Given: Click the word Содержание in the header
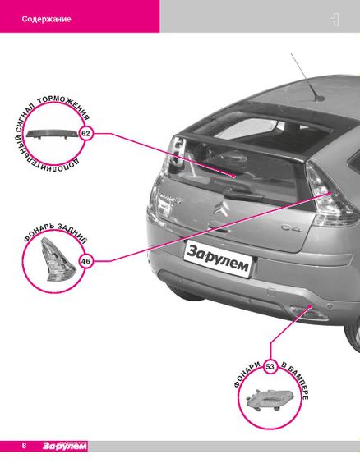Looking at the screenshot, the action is click(x=46, y=19).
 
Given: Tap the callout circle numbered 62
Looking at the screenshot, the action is click(x=85, y=133).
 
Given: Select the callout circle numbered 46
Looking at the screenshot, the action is click(x=85, y=261).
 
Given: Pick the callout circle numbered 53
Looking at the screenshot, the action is click(x=270, y=367).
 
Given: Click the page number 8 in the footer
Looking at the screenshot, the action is click(x=24, y=446).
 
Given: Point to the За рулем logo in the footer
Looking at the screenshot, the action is click(x=65, y=446).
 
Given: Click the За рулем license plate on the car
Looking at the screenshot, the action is click(x=219, y=259).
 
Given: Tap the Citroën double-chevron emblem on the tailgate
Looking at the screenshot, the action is click(x=220, y=208).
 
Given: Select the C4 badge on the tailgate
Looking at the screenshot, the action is click(x=290, y=228).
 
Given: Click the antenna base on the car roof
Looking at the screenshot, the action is click(x=320, y=98).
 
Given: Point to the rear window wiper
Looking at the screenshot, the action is click(x=243, y=195).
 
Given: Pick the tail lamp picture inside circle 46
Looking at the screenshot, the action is click(x=58, y=259).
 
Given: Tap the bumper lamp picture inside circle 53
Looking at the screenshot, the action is click(x=270, y=399).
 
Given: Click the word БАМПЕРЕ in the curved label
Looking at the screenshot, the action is click(x=298, y=383).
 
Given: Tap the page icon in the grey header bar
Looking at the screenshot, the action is click(x=335, y=20).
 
